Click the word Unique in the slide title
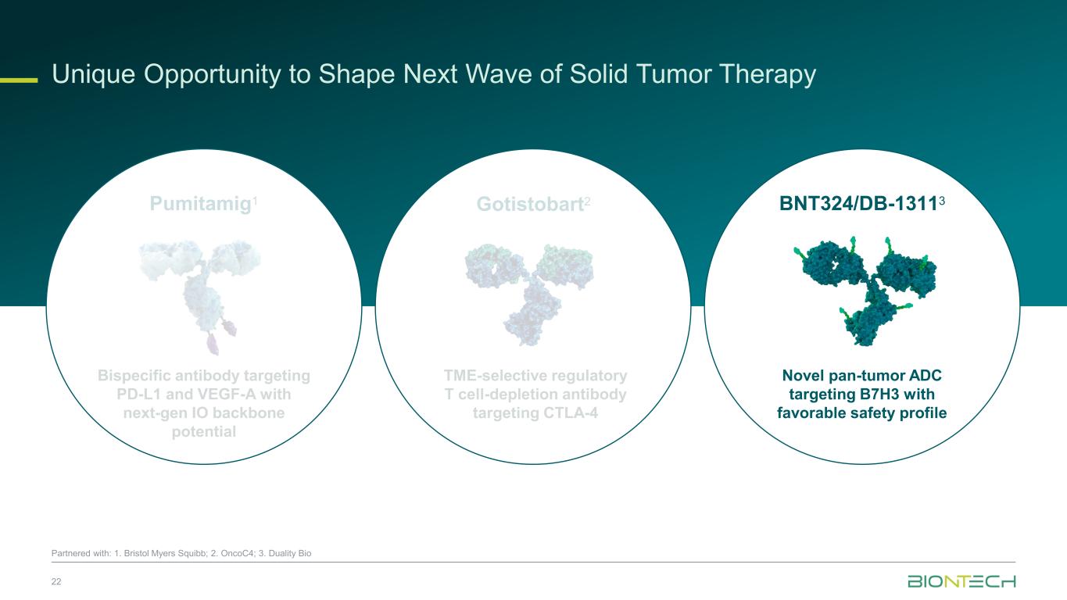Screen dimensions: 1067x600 coord(93,75)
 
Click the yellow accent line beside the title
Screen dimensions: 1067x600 coord(19,80)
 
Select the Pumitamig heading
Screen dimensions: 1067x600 coord(201,204)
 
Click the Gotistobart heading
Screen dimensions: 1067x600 coord(530,204)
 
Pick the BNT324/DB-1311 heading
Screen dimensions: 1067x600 coord(858,204)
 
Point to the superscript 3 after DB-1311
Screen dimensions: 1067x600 coord(942,201)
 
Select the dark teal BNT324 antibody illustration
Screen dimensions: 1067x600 coord(865,291)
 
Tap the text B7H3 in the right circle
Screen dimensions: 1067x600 coord(861,395)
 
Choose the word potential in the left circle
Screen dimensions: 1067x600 coord(204,432)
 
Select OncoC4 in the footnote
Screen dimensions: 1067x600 coord(237,553)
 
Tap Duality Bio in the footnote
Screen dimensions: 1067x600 coord(289,553)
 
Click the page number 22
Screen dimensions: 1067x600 coord(56,582)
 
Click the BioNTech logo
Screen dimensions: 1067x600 coord(961,581)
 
